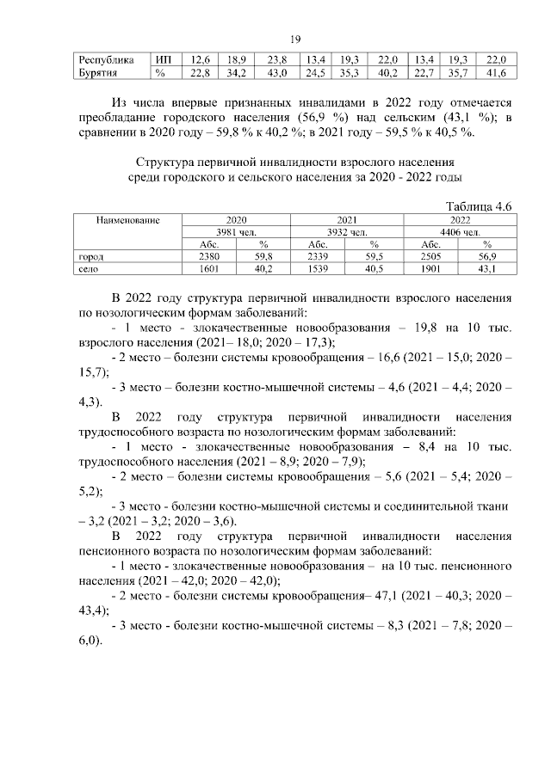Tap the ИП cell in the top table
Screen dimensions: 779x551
click(164, 60)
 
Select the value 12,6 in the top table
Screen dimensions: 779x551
click(201, 60)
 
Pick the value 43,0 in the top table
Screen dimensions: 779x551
click(276, 73)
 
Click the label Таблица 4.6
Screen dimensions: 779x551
click(479, 207)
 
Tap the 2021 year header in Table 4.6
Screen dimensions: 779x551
click(347, 221)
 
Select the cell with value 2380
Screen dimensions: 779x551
click(209, 256)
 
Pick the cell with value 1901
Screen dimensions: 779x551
click(431, 269)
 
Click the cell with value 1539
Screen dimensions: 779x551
click(319, 269)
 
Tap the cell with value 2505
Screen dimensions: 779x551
click(431, 256)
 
